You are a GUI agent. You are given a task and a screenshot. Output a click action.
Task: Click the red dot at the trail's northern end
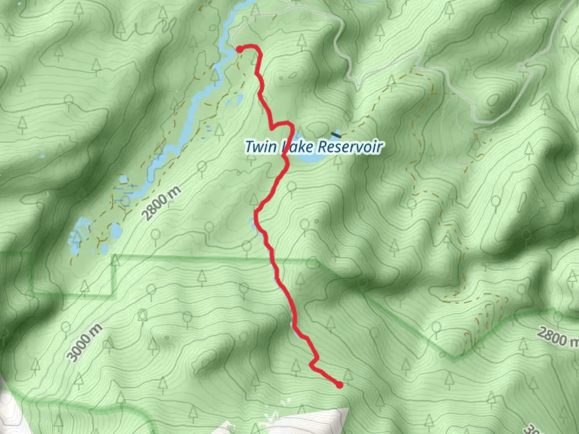point(239,49)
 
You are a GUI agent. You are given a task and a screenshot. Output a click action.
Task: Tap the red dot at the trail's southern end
point(340,385)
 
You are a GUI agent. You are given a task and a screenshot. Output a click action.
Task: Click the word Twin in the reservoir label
point(261,147)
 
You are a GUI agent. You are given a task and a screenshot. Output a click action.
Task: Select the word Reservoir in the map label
point(349,147)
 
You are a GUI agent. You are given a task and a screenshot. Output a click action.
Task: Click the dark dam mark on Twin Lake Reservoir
point(335,134)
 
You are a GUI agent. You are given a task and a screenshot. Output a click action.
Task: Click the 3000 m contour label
point(85,343)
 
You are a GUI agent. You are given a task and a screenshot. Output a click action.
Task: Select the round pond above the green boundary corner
point(115,231)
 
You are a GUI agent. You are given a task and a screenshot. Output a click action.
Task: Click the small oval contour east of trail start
point(292,75)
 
